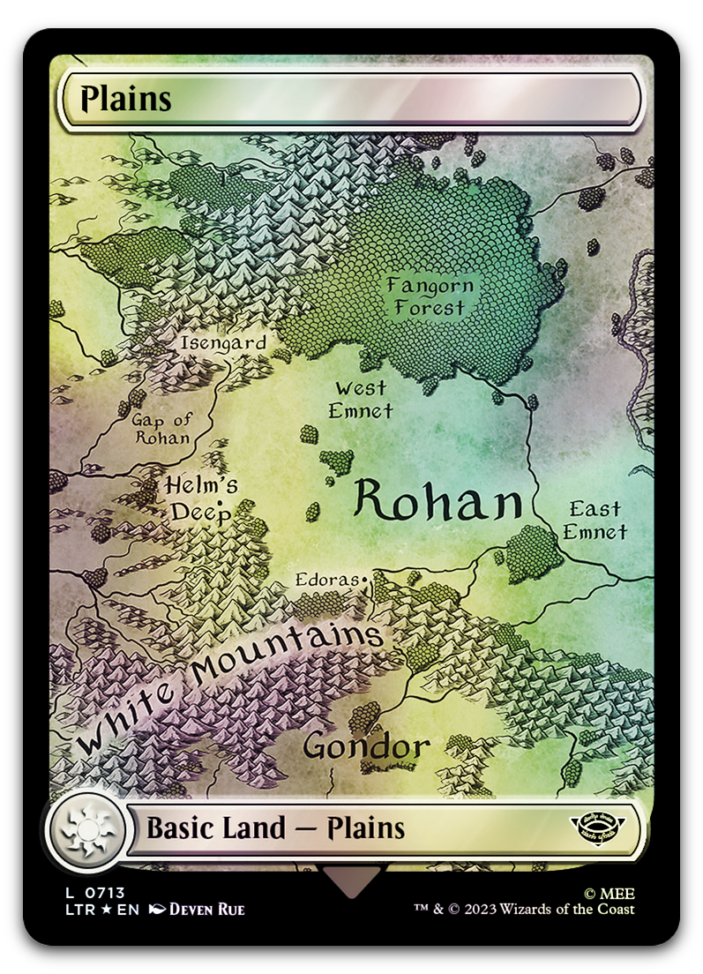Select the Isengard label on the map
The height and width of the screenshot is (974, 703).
pyautogui.click(x=223, y=342)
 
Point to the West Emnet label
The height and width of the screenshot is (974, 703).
pyautogui.click(x=360, y=399)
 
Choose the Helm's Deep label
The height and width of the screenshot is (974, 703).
pyautogui.click(x=201, y=498)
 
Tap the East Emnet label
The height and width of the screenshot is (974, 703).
pyautogui.click(x=595, y=520)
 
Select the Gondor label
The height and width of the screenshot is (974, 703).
pyautogui.click(x=366, y=746)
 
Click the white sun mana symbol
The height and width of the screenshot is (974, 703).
pyautogui.click(x=86, y=829)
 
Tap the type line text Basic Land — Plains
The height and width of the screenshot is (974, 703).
pyautogui.click(x=275, y=828)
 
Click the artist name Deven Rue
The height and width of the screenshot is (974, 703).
pyautogui.click(x=206, y=910)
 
